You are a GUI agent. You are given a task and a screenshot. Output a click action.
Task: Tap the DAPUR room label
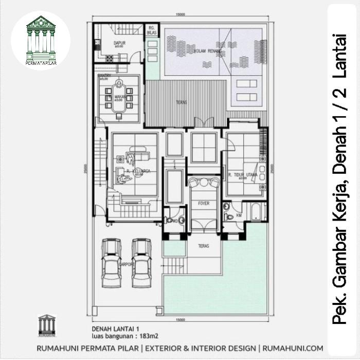(119, 44)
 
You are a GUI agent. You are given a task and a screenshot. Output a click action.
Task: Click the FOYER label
(204, 204)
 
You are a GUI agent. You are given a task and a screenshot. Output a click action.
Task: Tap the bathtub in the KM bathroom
(255, 212)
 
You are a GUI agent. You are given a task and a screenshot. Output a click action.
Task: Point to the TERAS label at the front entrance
(204, 246)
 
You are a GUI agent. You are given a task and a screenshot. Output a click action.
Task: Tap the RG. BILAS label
(152, 30)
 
